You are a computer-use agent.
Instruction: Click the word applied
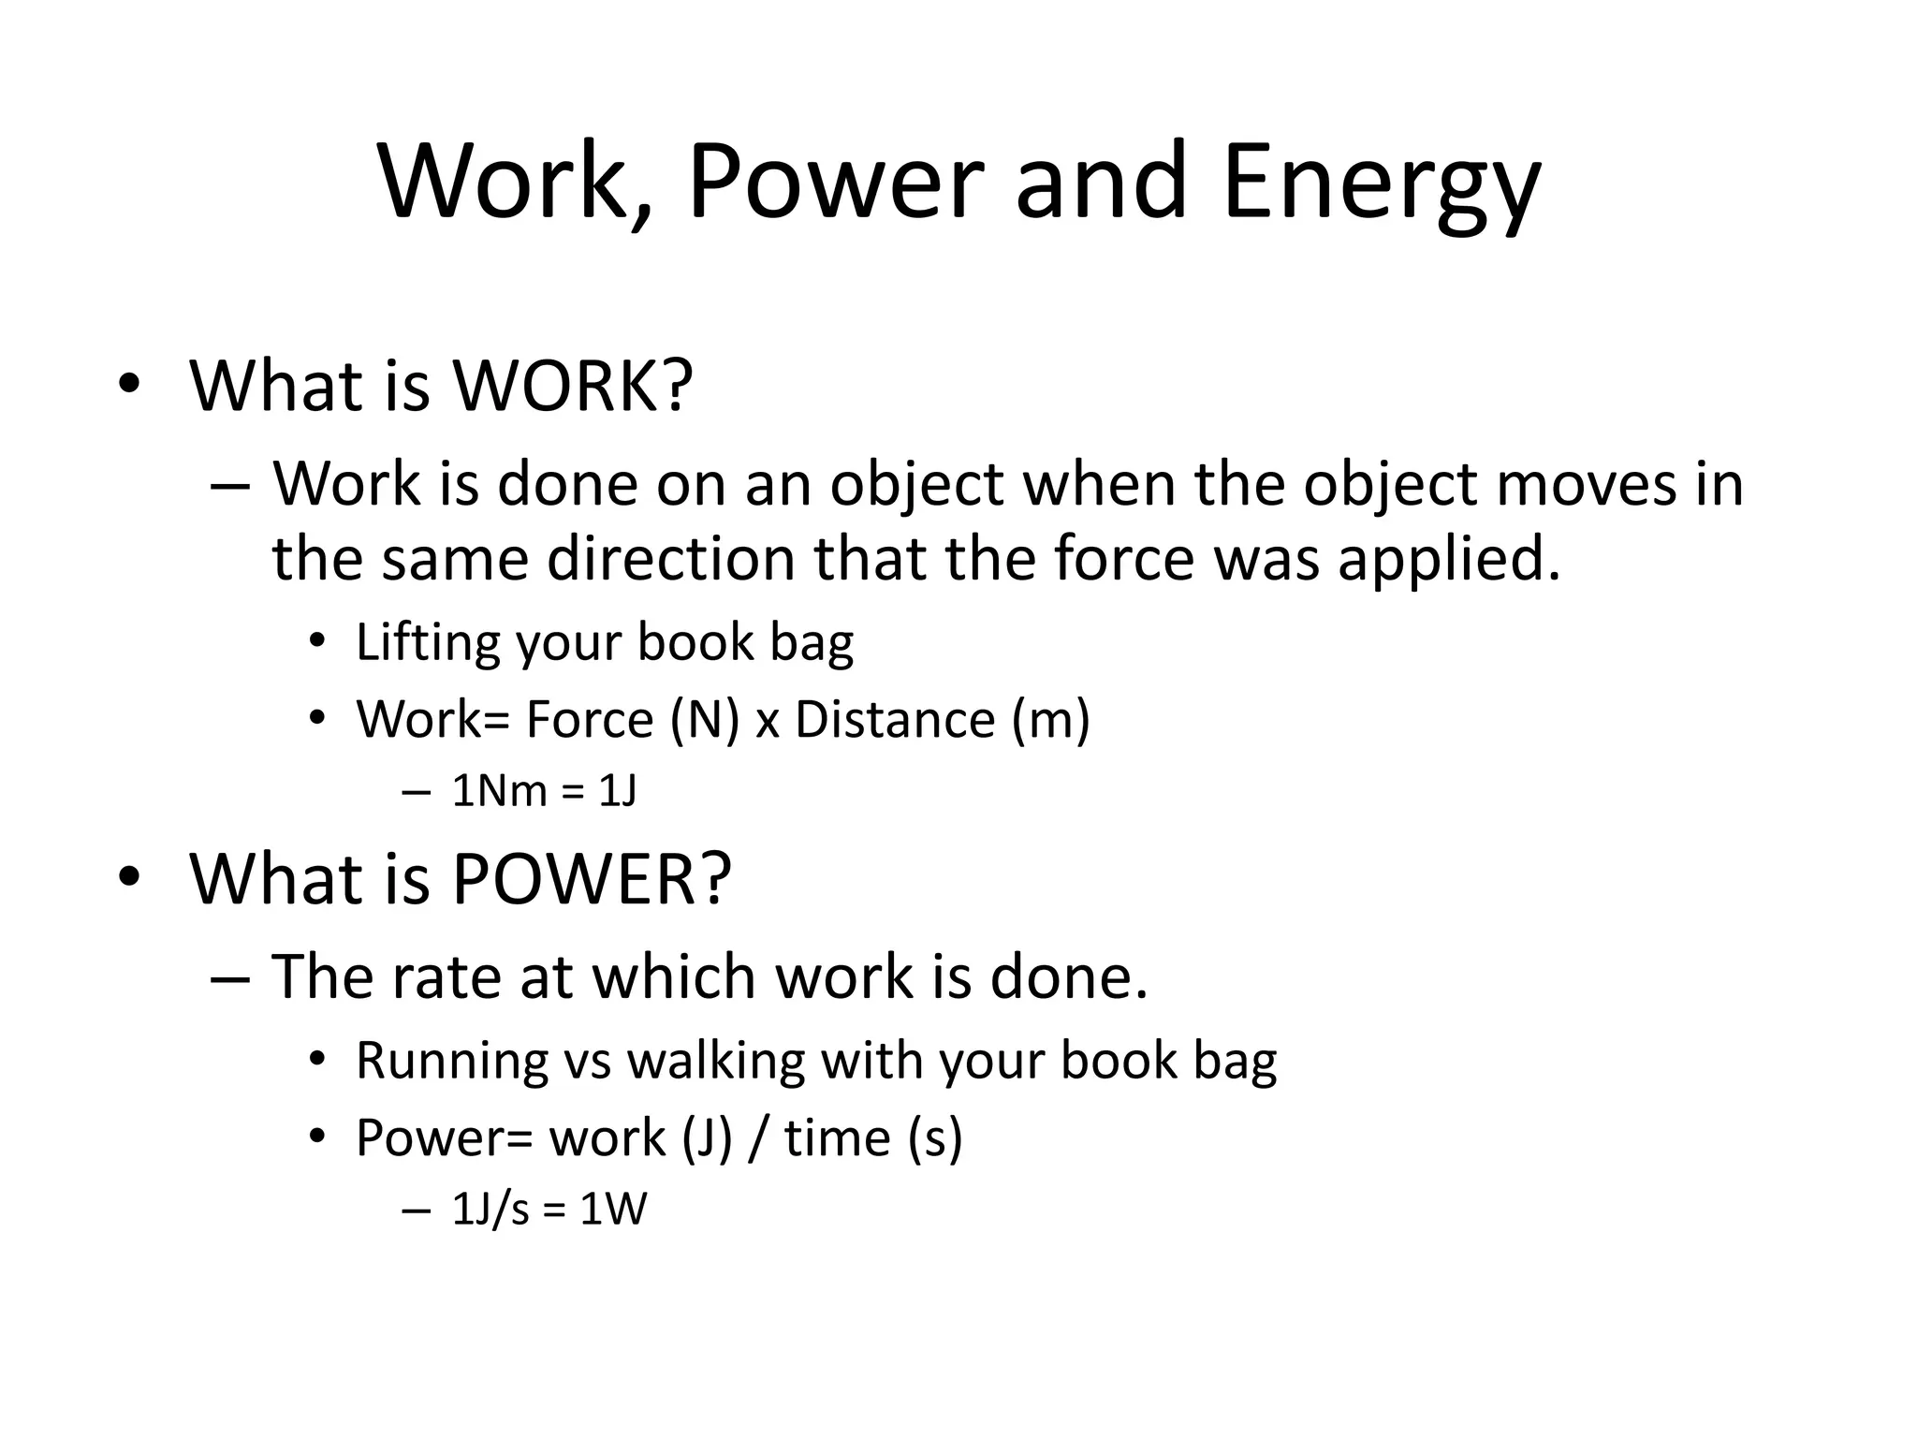pyautogui.click(x=1449, y=559)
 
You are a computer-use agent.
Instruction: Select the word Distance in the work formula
pyautogui.click(x=894, y=719)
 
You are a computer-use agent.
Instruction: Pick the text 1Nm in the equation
pyautogui.click(x=499, y=792)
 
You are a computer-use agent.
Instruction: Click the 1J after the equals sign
pyautogui.click(x=618, y=792)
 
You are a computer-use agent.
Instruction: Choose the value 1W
pyautogui.click(x=613, y=1210)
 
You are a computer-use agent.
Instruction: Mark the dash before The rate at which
pyautogui.click(x=229, y=977)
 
